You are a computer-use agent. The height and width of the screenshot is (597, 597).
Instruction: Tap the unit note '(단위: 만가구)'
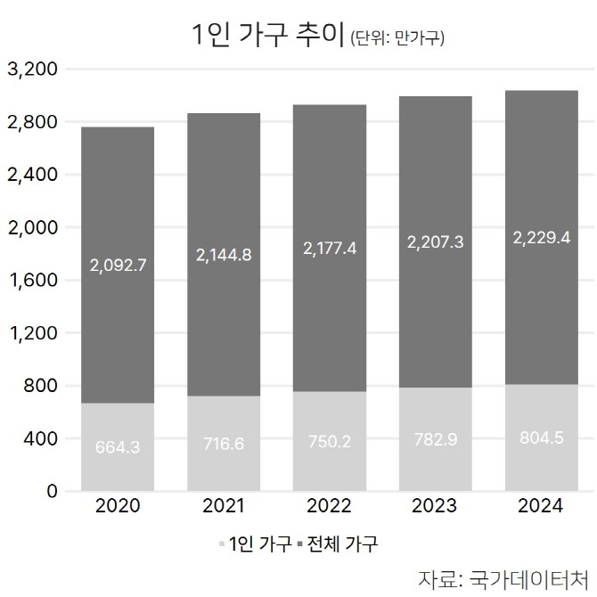tap(397, 38)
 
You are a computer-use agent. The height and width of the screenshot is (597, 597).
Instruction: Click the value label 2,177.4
tap(329, 249)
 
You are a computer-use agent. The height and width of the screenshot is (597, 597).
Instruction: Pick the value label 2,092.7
tap(118, 264)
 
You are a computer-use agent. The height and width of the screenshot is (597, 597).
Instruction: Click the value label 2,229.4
tap(540, 237)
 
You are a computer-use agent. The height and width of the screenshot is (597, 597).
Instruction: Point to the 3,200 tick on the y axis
tap(31, 69)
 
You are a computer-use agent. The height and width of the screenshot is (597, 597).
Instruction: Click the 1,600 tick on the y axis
tap(31, 280)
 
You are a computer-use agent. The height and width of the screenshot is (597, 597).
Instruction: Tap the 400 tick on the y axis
tap(39, 438)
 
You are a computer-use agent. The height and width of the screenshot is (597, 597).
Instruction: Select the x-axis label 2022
tap(329, 506)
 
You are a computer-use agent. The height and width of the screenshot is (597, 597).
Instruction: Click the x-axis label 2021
tap(223, 506)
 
